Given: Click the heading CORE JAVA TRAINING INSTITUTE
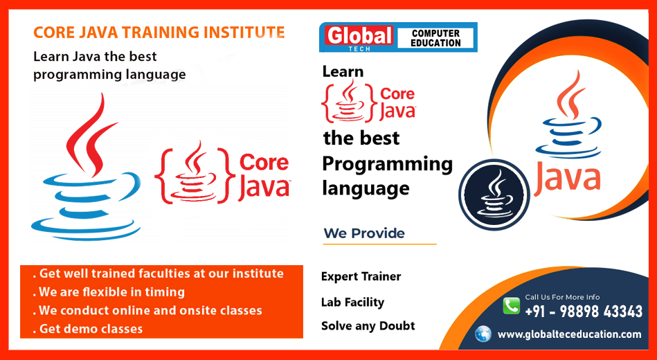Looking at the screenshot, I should point(159,33).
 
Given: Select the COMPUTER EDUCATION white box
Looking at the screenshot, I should point(435,38).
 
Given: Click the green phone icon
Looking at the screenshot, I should point(511,306).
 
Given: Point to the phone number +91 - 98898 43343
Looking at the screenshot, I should point(584,312).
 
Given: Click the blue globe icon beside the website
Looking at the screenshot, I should point(483,334).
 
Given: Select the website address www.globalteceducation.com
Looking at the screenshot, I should point(569,334).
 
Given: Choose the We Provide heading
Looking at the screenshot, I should point(364,233).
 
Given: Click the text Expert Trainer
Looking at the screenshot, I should point(361,276).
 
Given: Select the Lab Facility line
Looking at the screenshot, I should point(352,302).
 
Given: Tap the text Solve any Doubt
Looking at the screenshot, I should point(368,325).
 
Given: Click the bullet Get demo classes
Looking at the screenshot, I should point(91,329).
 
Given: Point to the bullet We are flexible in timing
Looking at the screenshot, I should point(111,292).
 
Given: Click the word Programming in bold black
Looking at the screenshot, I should point(387,164).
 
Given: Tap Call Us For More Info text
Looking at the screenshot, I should point(562,297).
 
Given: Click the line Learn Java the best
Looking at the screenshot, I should point(96,57).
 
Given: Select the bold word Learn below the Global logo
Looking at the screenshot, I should point(343,71).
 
